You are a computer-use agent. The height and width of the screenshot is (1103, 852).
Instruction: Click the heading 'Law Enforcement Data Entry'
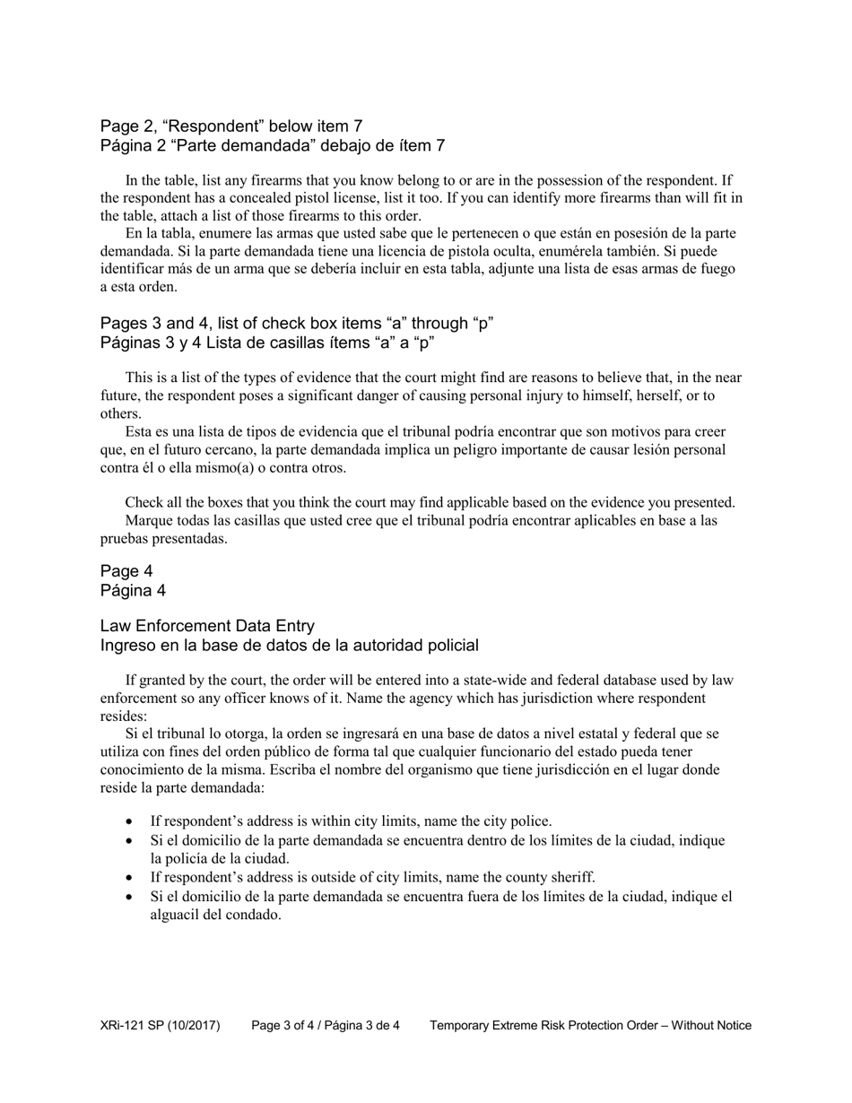[x=207, y=626]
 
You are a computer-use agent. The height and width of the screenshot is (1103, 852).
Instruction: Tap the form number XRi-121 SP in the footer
[x=161, y=1025]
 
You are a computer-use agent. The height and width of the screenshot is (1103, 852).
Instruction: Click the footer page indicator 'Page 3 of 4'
[x=287, y=1025]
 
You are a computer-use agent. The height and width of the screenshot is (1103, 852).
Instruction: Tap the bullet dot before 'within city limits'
[x=132, y=821]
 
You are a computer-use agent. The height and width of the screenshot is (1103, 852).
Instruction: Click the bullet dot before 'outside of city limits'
[x=132, y=877]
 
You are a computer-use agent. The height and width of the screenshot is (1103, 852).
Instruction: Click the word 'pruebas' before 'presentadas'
[x=123, y=539]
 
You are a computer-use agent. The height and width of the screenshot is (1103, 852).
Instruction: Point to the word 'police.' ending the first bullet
[x=530, y=821]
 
